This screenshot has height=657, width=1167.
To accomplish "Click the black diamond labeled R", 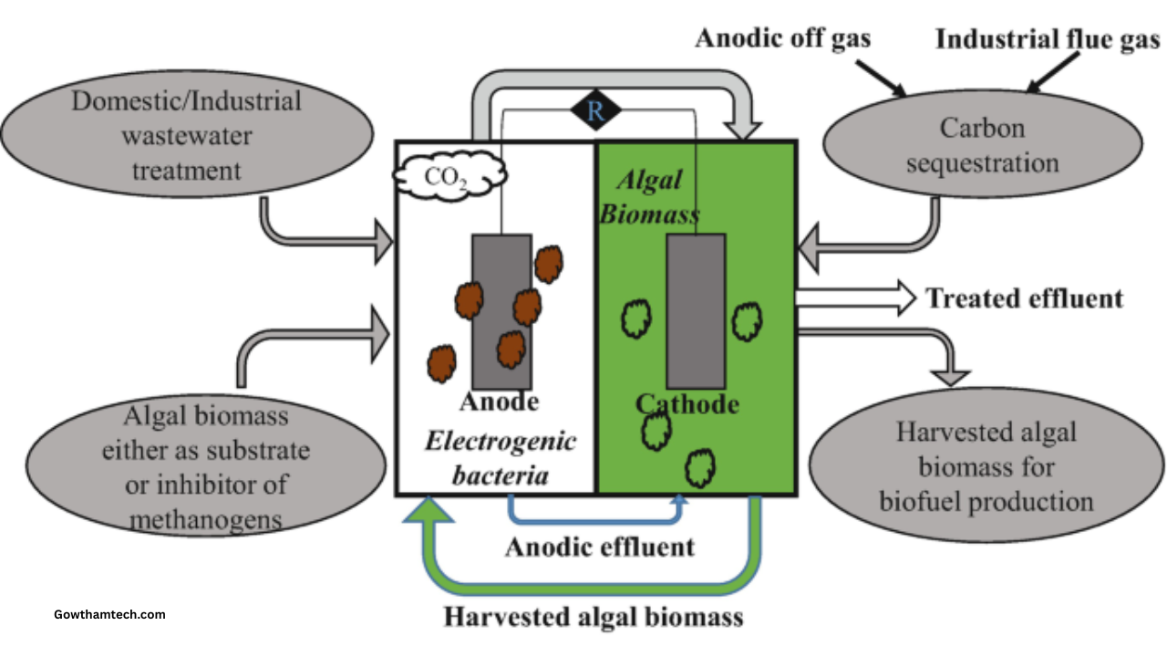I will pyautogui.click(x=595, y=111).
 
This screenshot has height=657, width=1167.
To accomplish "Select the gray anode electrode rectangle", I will pyautogui.click(x=501, y=310).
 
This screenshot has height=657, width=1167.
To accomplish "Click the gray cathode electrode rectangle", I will pyautogui.click(x=696, y=310).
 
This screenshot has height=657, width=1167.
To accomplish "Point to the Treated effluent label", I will pyautogui.click(x=1024, y=298).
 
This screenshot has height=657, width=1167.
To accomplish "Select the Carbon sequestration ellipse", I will pyautogui.click(x=982, y=146).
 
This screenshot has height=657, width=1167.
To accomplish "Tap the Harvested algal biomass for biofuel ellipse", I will pyautogui.click(x=986, y=465).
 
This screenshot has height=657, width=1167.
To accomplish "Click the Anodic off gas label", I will pyautogui.click(x=782, y=38).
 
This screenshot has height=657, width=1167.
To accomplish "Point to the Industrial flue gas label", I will pyautogui.click(x=1048, y=39).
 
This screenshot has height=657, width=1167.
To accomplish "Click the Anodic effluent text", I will pyautogui.click(x=599, y=547).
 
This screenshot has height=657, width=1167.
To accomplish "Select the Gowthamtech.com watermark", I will pyautogui.click(x=110, y=614).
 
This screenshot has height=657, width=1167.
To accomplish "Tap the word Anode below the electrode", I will pyautogui.click(x=499, y=402).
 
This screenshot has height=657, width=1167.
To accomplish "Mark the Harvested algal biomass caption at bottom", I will pyautogui.click(x=594, y=616).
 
